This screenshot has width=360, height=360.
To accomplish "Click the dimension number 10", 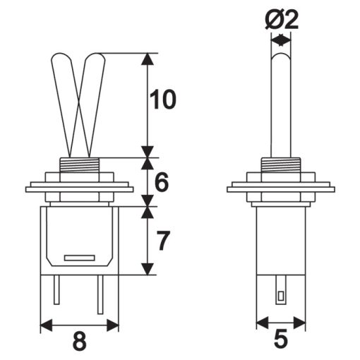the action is click(163, 100).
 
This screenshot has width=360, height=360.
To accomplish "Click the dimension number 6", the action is click(162, 182).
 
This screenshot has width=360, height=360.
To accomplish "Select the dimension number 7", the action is click(163, 241).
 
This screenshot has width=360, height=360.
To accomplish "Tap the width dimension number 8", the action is click(79, 341).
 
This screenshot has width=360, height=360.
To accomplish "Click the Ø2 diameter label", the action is click(281, 20).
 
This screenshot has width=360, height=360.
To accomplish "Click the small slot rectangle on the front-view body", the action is click(80, 258).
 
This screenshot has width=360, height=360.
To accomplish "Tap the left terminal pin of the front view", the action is click(56, 289).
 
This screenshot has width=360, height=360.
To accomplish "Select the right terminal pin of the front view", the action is click(100, 294).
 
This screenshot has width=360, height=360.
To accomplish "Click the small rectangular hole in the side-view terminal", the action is click(281, 296).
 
